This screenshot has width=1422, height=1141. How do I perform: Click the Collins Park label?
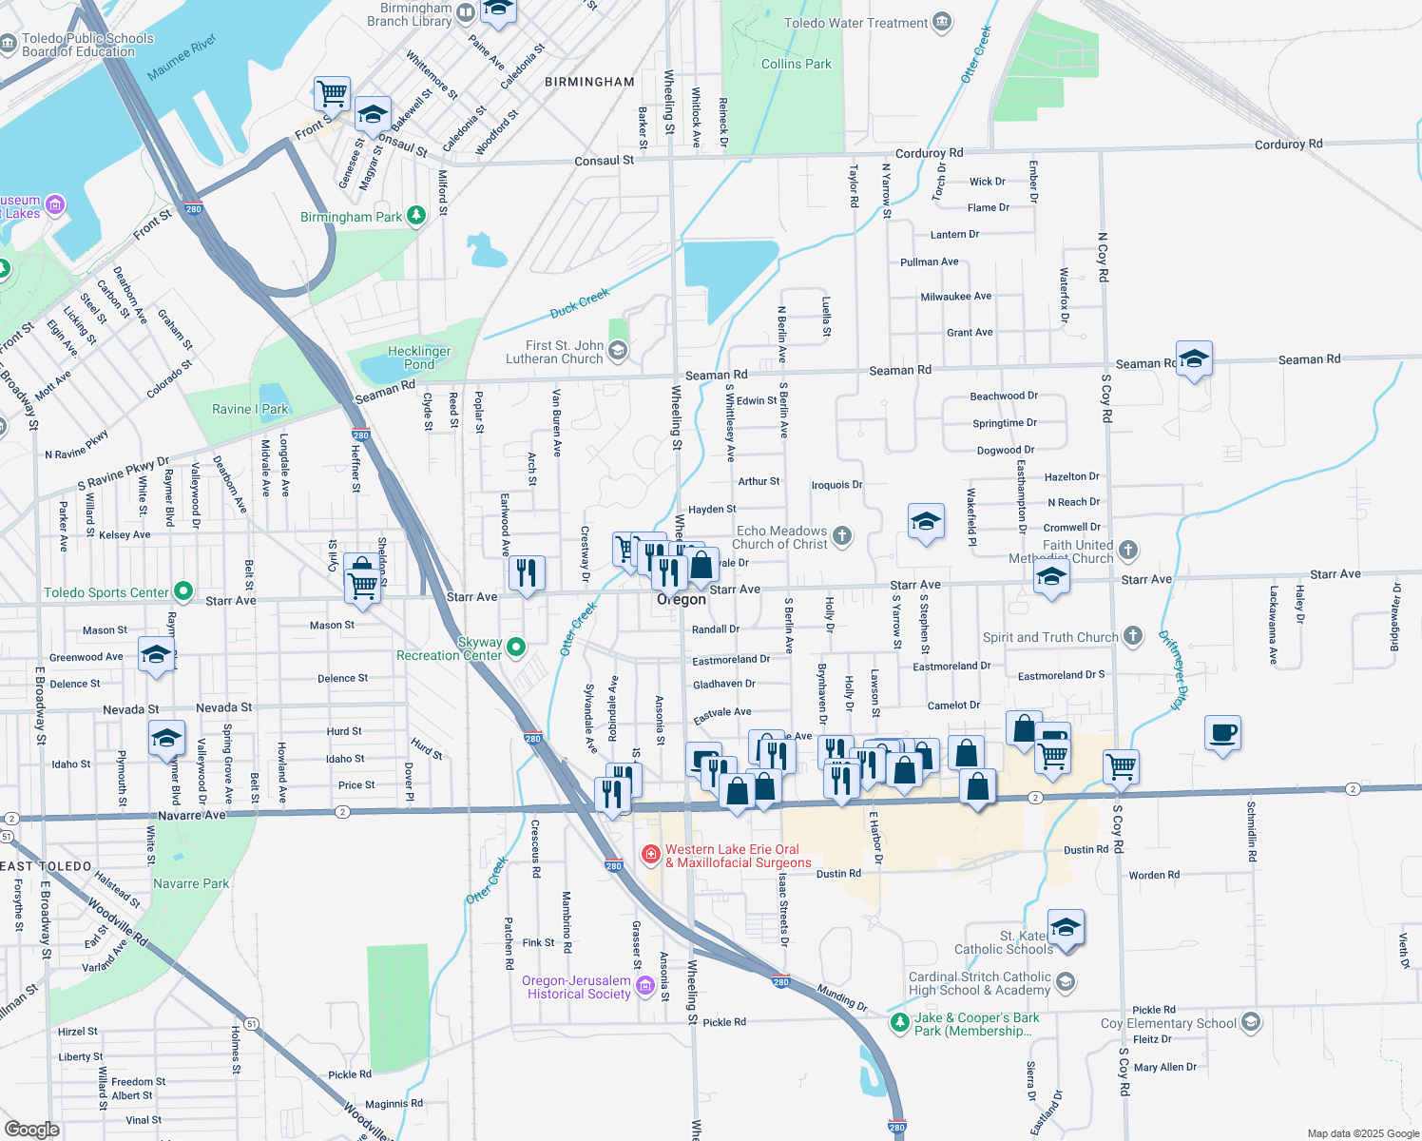coord(796,64)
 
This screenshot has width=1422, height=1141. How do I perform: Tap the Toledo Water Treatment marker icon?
coord(941,23)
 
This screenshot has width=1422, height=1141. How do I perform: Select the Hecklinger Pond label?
coord(419,358)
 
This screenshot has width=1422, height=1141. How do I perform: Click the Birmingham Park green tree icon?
coord(415,217)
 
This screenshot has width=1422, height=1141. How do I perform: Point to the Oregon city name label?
coord(682,600)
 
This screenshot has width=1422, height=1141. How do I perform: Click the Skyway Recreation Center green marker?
coord(516,648)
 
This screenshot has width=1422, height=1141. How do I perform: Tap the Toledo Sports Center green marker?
coord(183,592)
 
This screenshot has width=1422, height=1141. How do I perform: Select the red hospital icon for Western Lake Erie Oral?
coord(651,855)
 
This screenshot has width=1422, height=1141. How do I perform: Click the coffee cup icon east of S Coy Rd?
coord(1222,733)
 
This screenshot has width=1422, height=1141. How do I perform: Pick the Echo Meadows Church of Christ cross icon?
coord(842,536)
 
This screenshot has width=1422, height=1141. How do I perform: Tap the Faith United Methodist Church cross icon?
coord(1127,551)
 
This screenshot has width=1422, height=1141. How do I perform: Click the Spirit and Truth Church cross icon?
coord(1132,636)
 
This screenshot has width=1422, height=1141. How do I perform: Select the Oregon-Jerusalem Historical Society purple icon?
coord(644,986)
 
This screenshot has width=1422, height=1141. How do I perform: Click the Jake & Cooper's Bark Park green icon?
coord(899,1023)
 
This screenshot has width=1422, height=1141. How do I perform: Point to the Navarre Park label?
coord(191,883)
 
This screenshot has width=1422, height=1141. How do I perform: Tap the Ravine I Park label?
coord(249,409)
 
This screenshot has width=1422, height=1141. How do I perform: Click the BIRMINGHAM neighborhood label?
coord(589,82)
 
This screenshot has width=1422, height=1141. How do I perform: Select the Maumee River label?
coord(182,58)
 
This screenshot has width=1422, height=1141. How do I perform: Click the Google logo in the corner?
coord(31,1129)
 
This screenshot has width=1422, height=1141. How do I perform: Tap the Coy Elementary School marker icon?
coord(1251,1023)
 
